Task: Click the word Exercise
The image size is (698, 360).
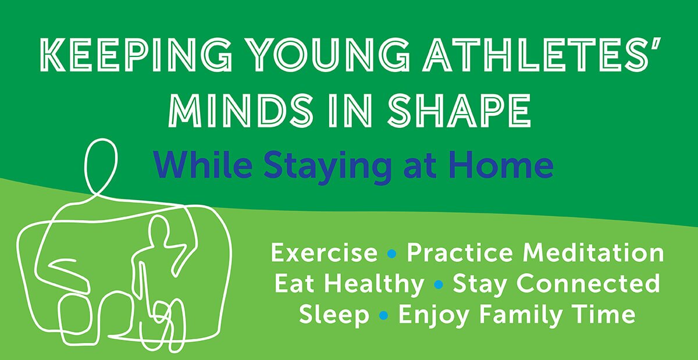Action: tap(324, 254)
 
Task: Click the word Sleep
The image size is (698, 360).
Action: tap(334, 315)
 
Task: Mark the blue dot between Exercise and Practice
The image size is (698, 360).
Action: tap(392, 254)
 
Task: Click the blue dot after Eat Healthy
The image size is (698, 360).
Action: tap(439, 284)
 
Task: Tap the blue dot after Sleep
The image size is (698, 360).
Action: tap(383, 315)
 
